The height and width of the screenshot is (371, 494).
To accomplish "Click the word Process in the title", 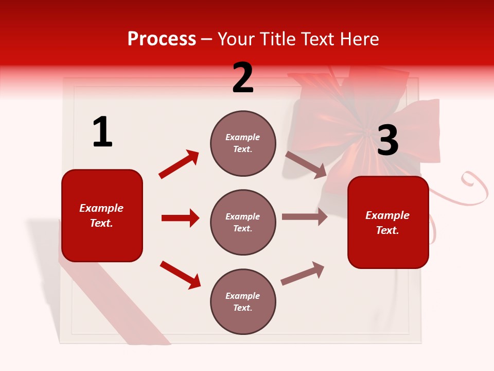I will [162, 39].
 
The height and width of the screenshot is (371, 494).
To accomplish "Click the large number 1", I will [102, 132].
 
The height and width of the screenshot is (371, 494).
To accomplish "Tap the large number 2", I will [243, 78].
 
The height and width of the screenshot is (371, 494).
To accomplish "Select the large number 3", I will [387, 141].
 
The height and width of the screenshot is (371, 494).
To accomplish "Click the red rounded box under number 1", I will [102, 215].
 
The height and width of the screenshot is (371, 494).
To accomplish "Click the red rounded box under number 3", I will [388, 222].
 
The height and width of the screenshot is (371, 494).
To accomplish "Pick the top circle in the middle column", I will [243, 143].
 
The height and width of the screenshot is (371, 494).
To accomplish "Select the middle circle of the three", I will [243, 222].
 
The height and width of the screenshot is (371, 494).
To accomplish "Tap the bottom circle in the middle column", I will [243, 301].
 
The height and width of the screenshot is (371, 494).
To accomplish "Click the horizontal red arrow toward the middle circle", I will [180, 218].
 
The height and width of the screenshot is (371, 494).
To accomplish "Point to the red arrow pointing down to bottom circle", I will [180, 275].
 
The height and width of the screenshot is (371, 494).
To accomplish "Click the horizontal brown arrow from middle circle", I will [304, 217].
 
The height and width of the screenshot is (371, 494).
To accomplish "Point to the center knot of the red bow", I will [366, 135].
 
